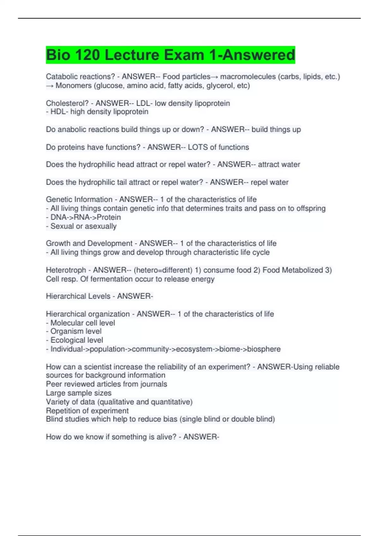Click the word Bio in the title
coord(59,55)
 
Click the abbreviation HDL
coord(57,112)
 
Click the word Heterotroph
coord(66,270)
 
